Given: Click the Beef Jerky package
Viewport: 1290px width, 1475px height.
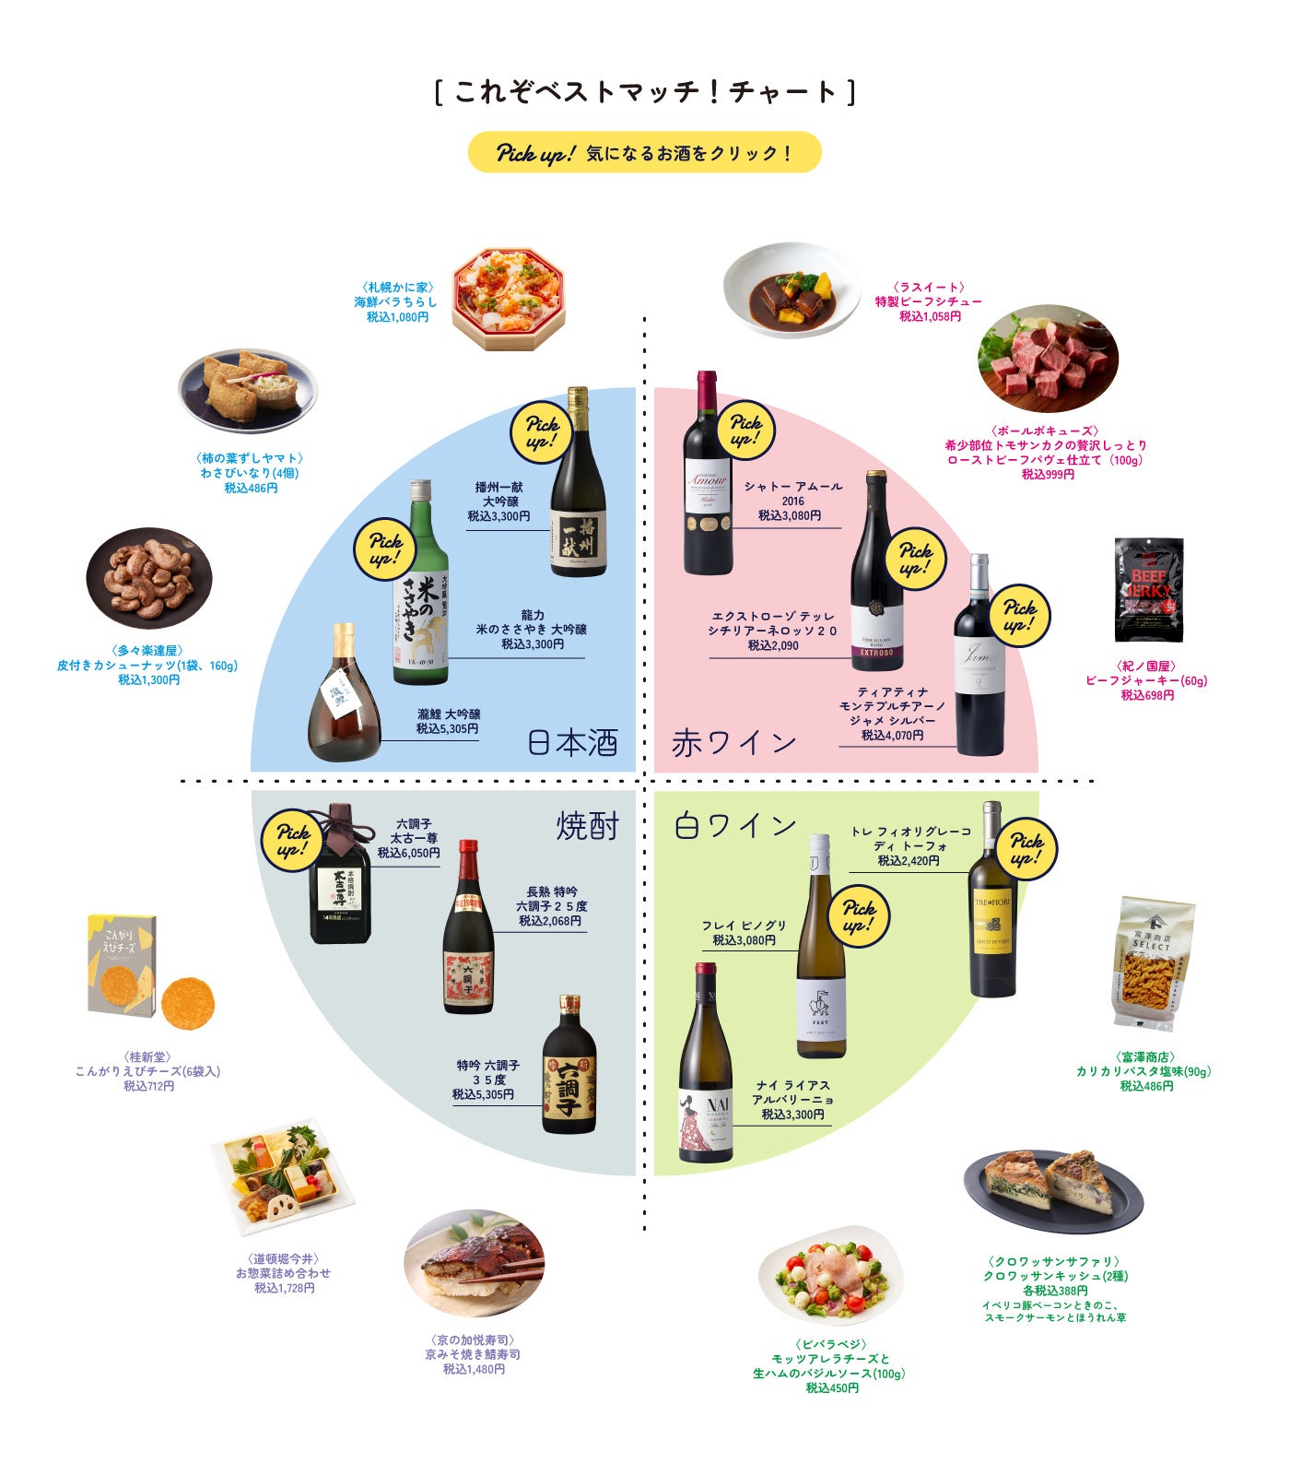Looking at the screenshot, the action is [1148, 590].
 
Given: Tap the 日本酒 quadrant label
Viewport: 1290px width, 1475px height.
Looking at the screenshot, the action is [572, 743].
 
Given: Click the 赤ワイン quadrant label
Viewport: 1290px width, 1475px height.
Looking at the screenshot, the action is [733, 743].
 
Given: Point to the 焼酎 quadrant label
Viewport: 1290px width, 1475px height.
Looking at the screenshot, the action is [588, 826].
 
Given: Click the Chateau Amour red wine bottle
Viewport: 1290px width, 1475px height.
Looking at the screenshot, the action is [708, 475].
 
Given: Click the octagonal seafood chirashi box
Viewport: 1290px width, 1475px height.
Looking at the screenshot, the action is [508, 299].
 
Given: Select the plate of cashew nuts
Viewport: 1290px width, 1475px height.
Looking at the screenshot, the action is [149, 579].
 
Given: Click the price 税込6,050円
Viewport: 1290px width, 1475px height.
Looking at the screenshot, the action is [408, 854].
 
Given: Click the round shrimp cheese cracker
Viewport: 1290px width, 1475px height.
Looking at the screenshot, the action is [188, 1003].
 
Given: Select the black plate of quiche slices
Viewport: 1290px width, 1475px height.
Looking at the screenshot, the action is [1053, 1191].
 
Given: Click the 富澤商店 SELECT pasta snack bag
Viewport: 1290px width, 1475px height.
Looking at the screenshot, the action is [1153, 963].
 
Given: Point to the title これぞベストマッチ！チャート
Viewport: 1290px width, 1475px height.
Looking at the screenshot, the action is [645, 92].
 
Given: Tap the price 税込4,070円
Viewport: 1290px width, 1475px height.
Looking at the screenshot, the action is [892, 736].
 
